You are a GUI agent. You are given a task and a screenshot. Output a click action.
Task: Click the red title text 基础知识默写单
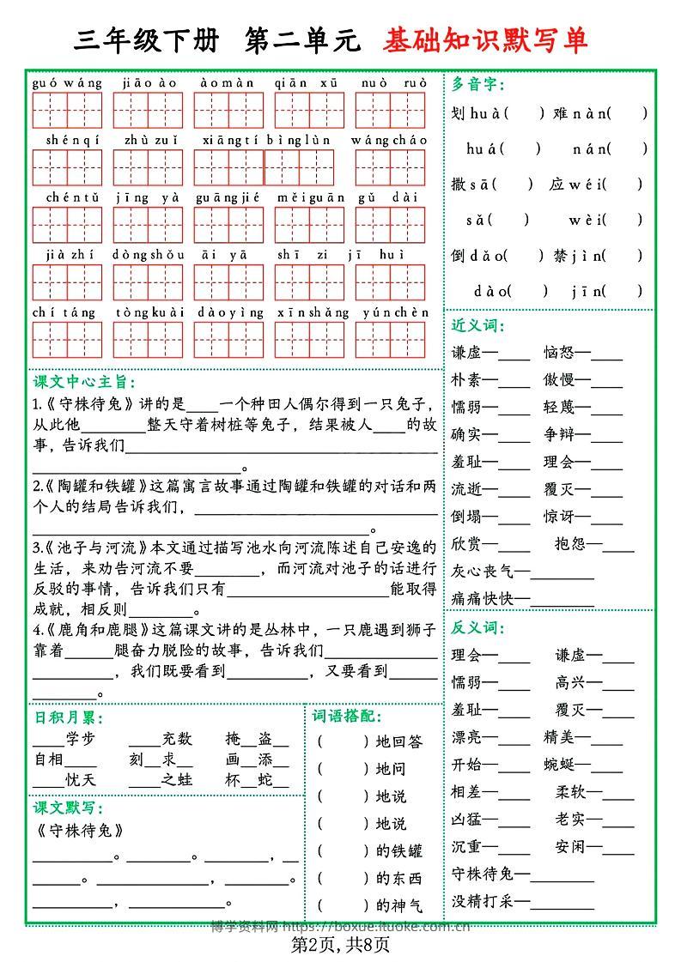(x=485, y=40)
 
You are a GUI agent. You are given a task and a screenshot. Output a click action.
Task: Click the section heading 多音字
(x=478, y=84)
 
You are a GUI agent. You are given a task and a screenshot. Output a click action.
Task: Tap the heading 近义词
(x=478, y=325)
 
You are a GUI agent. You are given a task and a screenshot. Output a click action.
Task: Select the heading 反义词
(x=478, y=628)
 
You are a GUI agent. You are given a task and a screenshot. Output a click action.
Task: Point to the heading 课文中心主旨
(x=83, y=382)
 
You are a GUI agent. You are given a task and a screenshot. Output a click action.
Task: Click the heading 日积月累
(x=68, y=717)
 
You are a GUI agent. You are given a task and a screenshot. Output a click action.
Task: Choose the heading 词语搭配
(x=347, y=717)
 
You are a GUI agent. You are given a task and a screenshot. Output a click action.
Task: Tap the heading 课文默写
(x=68, y=808)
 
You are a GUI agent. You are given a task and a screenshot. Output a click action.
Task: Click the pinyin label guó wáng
(x=67, y=83)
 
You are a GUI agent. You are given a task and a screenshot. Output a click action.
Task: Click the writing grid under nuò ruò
(x=391, y=110)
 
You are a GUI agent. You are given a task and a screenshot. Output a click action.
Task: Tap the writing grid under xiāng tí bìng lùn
(x=264, y=167)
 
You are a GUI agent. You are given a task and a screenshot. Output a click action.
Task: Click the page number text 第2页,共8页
(x=341, y=945)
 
